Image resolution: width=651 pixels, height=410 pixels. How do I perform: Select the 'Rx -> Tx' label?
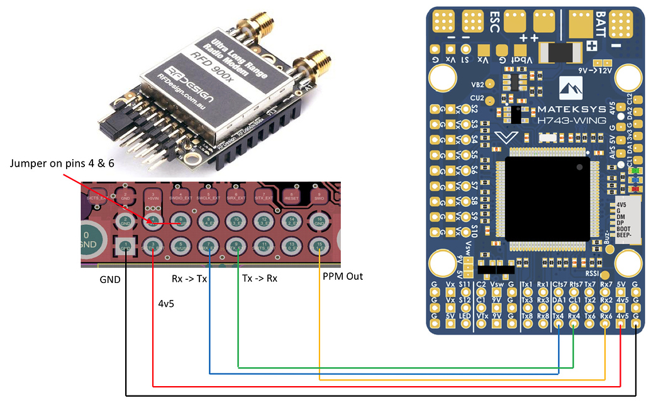(x=189, y=277)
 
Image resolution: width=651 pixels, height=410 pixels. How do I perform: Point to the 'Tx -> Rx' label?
(x=260, y=277)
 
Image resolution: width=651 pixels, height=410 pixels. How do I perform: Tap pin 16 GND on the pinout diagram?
(x=320, y=221)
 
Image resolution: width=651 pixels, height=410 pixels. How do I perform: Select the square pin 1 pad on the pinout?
(x=125, y=245)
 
